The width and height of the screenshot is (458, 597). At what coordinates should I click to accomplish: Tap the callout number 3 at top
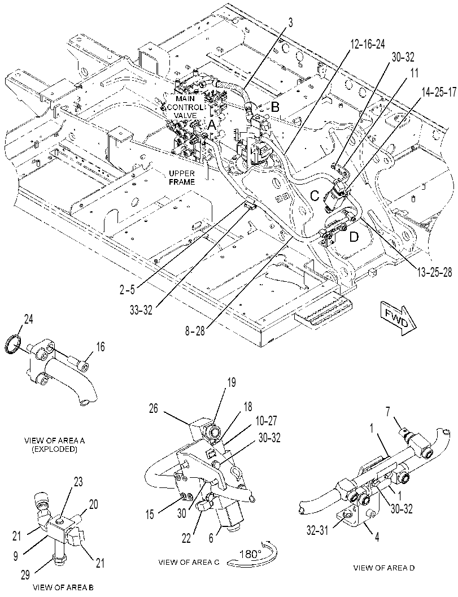(290, 23)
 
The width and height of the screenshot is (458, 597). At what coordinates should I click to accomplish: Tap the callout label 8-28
(194, 330)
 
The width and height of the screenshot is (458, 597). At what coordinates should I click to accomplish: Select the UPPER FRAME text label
(182, 177)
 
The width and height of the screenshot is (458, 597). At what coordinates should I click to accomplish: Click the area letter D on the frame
(354, 237)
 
